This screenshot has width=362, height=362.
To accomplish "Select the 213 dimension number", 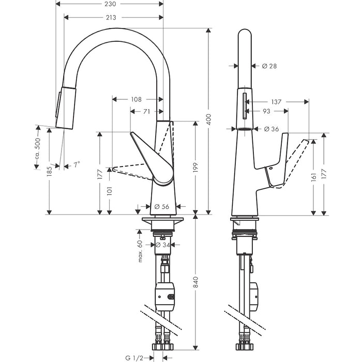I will tap(110, 17).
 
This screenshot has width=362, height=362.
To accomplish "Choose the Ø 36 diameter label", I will tap(271, 129).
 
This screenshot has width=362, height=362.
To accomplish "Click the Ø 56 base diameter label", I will tap(162, 207).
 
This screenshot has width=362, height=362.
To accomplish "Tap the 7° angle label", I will tap(76, 164).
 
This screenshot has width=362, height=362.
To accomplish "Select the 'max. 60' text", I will tap(140, 251).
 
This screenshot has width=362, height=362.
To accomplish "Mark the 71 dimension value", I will tap(147, 111).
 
